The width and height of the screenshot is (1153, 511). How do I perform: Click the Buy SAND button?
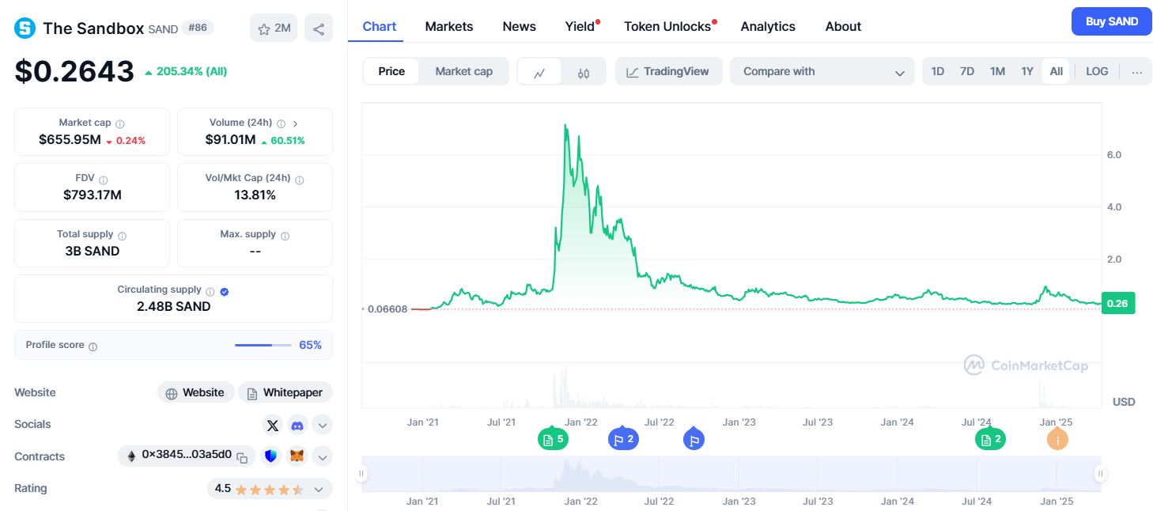pos(1111,21)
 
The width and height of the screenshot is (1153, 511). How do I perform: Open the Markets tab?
pos(448,26)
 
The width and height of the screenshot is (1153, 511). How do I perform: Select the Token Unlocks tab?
pos(667,26)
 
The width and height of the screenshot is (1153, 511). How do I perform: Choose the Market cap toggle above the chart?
pos(463,71)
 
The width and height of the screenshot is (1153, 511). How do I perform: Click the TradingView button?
pos(668,71)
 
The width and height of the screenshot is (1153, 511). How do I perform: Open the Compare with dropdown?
pos(822,71)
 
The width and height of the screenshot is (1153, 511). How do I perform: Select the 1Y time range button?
pos(1026,71)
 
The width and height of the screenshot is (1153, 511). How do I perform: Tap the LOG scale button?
pos(1096,71)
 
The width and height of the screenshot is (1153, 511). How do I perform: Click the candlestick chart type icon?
pos(584,72)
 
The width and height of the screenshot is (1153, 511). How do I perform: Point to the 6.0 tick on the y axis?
pos(1113,155)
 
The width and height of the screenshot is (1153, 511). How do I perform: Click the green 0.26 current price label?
pos(1117,303)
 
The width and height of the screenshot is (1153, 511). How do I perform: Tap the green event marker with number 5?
pos(553,439)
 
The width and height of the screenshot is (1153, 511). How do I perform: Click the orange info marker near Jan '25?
pos(1057,439)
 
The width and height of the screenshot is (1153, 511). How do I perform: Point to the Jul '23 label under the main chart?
pos(818,422)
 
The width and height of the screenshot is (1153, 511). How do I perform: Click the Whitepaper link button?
pos(285,392)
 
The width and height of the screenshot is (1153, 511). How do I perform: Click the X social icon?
pos(273,425)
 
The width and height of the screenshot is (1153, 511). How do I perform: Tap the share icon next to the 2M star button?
pos(318,29)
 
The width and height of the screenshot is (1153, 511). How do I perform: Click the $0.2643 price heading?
pos(74,71)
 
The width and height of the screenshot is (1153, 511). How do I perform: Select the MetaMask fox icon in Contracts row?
pos(297,456)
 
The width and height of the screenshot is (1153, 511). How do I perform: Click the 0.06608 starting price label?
pos(387,308)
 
